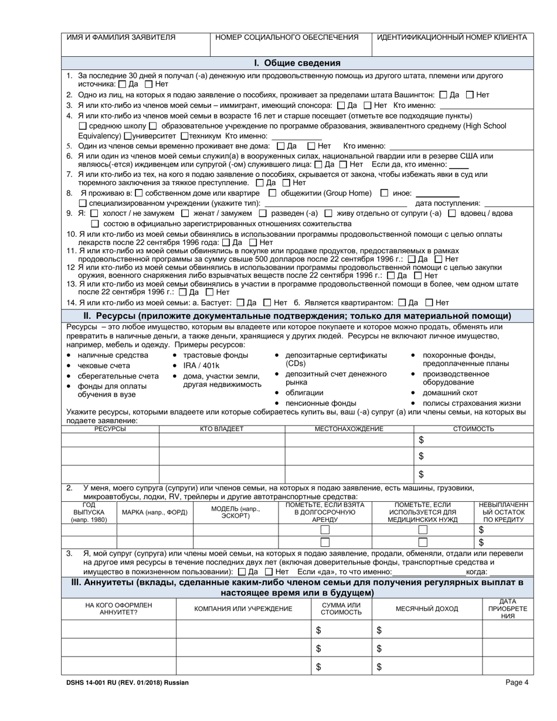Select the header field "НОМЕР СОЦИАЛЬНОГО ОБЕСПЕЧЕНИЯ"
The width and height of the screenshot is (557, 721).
pyautogui.click(x=287, y=37)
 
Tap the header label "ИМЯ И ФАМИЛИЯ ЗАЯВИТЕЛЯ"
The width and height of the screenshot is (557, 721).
pyautogui.click(x=121, y=37)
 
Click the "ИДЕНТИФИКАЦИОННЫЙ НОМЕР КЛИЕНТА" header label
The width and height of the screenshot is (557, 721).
pyautogui.click(x=451, y=37)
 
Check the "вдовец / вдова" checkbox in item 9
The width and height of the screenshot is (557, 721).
pyautogui.click(x=452, y=213)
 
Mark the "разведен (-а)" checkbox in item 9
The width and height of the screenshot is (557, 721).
pyautogui.click(x=263, y=213)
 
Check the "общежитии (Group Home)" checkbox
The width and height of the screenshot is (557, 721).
pyautogui.click(x=273, y=193)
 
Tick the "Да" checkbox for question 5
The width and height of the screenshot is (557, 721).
pyautogui.click(x=280, y=146)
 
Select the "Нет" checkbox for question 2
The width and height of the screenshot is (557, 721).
pyautogui.click(x=470, y=95)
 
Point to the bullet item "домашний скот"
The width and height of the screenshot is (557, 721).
pyautogui.click(x=450, y=392)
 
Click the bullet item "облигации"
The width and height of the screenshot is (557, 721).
pyautogui.click(x=304, y=392)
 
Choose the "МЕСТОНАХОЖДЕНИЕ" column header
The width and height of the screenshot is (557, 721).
pyautogui.click(x=349, y=428)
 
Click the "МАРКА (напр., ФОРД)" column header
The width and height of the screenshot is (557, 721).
pyautogui.click(x=154, y=512)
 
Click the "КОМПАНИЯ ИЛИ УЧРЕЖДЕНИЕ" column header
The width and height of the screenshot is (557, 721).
pyautogui.click(x=243, y=608)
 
